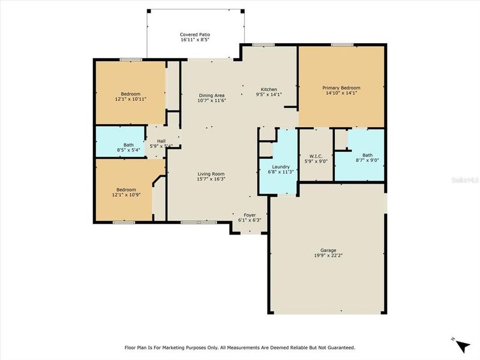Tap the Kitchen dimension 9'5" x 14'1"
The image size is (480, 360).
click(268, 94)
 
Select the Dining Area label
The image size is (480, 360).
click(211, 95)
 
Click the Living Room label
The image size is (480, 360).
click(211, 174)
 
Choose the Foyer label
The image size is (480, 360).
click(250, 214)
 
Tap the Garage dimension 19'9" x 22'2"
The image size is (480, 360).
click(328, 255)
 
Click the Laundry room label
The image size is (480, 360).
click(281, 167)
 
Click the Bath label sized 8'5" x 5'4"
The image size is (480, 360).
click(128, 145)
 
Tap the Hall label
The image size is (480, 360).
click(161, 140)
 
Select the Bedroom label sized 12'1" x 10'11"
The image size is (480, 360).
click(131, 94)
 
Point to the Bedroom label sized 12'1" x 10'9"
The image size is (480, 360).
click(131, 190)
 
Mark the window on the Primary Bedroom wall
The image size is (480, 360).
click(341, 44)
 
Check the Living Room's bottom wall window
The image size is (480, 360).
click(191, 222)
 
